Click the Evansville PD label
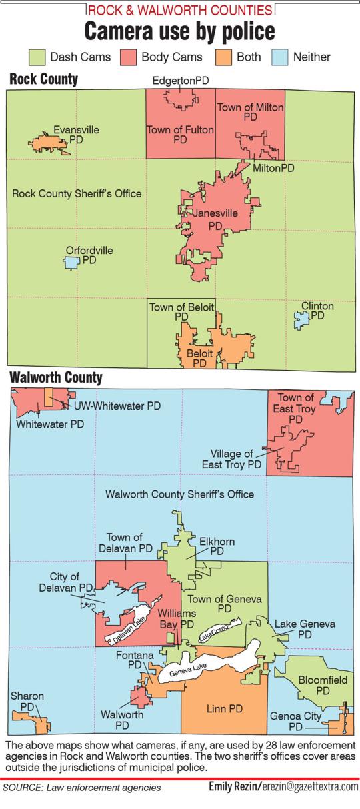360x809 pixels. (77, 135)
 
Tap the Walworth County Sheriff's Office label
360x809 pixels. (180, 494)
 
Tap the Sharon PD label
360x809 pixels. (27, 701)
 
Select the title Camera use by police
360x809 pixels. (179, 31)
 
